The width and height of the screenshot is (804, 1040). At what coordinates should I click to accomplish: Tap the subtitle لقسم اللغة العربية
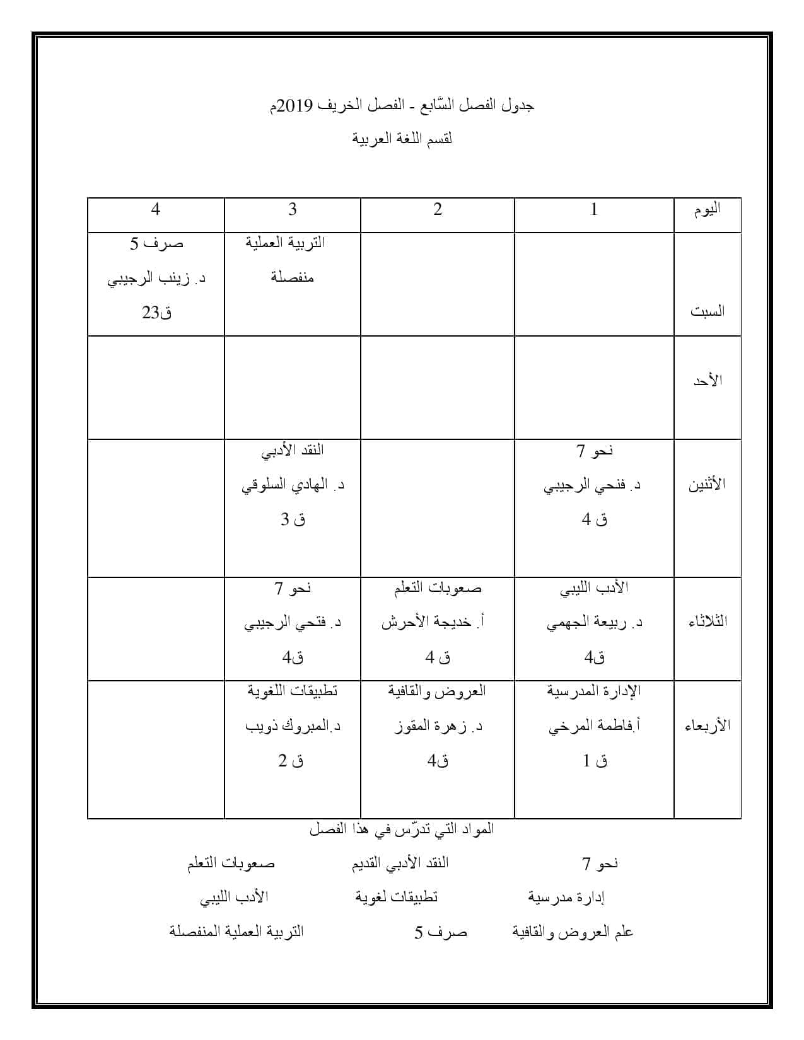tap(402, 139)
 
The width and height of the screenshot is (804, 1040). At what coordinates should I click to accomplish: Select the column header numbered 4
tap(156, 210)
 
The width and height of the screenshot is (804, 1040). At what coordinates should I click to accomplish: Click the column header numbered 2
tap(438, 210)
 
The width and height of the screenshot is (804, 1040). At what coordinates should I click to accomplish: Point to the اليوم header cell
tap(707, 210)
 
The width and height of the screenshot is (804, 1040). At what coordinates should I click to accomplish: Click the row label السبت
tap(707, 311)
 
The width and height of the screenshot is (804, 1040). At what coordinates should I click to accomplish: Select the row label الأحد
tap(707, 381)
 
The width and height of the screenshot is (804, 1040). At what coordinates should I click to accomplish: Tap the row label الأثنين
tap(706, 485)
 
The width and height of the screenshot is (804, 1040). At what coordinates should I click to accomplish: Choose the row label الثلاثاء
tap(707, 621)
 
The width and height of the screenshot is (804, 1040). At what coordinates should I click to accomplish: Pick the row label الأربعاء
tap(707, 725)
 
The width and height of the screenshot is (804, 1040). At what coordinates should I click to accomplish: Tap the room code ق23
tap(156, 313)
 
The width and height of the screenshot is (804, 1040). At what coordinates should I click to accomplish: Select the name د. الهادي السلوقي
tap(293, 486)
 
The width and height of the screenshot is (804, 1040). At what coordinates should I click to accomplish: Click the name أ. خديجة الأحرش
tap(433, 623)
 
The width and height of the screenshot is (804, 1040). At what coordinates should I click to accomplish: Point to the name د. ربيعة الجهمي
tap(594, 623)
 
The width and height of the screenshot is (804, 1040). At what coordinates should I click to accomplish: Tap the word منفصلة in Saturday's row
tap(293, 277)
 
